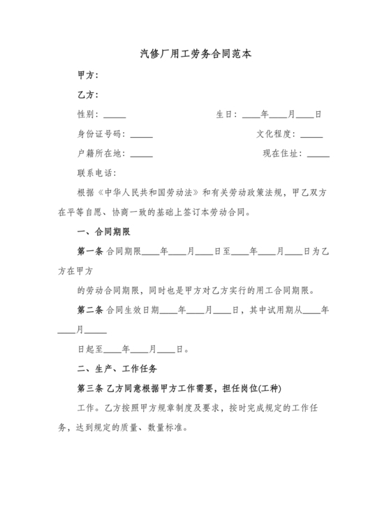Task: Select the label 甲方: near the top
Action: click(87, 75)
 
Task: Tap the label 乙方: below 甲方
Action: click(87, 94)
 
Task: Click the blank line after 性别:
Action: click(115, 115)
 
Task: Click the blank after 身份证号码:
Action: click(141, 135)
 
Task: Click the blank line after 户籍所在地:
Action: click(141, 155)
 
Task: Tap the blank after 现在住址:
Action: click(318, 155)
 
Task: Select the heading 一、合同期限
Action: click(103, 231)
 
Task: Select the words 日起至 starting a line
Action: click(89, 348)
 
